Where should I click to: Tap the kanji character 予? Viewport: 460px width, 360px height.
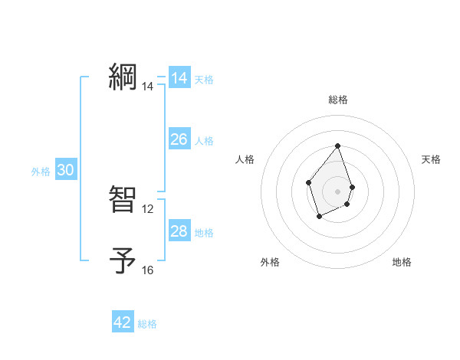[x=123, y=260]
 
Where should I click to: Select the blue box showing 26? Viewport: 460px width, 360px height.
[x=179, y=139]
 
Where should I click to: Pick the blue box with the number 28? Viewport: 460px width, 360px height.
[x=179, y=231]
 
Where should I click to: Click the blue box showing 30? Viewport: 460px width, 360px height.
[x=65, y=171]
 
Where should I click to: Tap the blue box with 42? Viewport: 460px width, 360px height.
[x=123, y=322]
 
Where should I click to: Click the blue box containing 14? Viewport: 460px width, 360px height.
[x=179, y=78]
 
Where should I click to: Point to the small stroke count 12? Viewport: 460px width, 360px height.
[x=148, y=208]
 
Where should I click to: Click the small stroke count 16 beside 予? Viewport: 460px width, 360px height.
[x=148, y=270]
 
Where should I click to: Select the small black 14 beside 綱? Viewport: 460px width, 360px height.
[x=148, y=87]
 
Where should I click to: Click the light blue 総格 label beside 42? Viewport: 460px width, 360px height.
[x=147, y=324]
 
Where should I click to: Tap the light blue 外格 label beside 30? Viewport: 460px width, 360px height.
[x=41, y=172]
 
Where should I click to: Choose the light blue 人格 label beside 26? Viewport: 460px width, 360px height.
[x=204, y=141]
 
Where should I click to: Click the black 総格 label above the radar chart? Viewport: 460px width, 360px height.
[x=338, y=100]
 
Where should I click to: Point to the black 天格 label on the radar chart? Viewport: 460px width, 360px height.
[x=432, y=159]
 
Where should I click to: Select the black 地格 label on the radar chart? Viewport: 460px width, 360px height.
[x=402, y=262]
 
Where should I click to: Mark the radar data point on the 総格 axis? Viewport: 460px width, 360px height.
[x=338, y=146]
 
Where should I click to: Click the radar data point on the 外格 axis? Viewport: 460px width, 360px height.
[x=320, y=217]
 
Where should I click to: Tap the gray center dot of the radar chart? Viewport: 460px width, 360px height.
[x=338, y=191]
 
